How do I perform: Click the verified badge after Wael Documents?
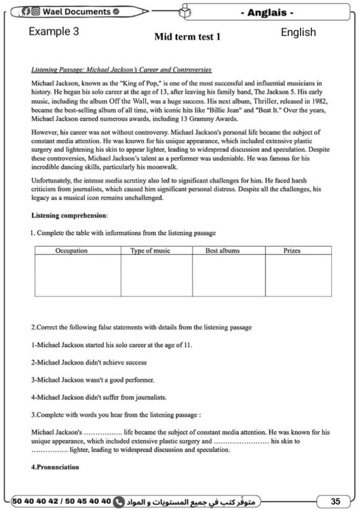(x=116, y=11)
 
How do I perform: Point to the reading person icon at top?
(x=185, y=11)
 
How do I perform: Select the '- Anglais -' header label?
(x=275, y=12)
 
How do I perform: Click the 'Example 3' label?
(x=53, y=32)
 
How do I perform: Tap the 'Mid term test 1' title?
(x=187, y=37)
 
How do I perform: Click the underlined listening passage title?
(x=121, y=70)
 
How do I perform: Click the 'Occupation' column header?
(x=71, y=250)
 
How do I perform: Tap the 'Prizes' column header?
(x=292, y=250)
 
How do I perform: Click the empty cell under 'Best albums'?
(x=228, y=275)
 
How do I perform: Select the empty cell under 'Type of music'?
(x=156, y=275)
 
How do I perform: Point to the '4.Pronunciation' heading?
(x=55, y=467)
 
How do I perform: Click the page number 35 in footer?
(x=337, y=500)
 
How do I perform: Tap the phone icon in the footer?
(x=119, y=500)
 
